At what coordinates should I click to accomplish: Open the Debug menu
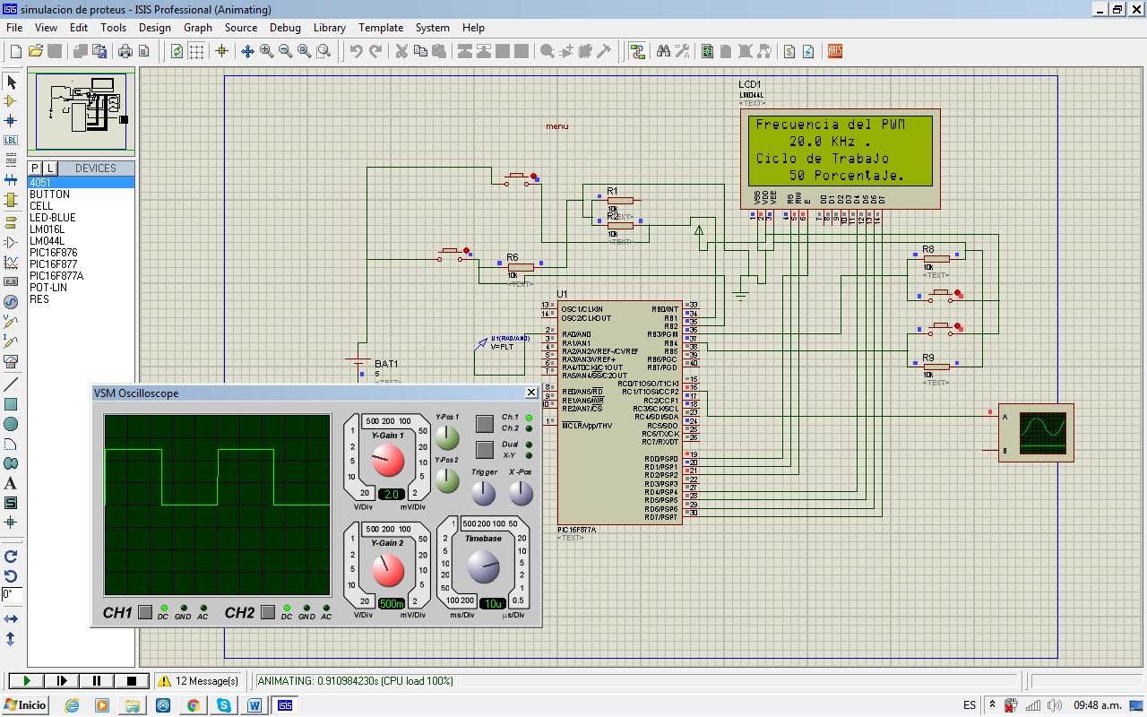point(285,28)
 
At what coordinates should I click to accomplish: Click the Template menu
point(381,28)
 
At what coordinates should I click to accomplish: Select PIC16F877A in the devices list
point(56,276)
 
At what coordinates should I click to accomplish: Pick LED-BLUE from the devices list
point(52,218)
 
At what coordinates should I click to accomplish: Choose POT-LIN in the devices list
point(48,288)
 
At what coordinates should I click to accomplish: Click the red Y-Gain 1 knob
point(387,460)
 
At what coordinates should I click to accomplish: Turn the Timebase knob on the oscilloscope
point(483,566)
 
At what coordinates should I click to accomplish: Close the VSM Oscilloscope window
point(530,393)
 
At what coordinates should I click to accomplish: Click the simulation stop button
point(132,681)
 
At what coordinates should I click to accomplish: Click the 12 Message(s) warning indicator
point(199,681)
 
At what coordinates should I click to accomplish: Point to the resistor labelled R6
point(520,266)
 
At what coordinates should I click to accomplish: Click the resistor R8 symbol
point(936,258)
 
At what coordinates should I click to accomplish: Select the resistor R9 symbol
point(936,366)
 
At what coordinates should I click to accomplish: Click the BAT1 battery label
point(386,364)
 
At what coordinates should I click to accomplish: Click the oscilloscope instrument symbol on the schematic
point(1036,433)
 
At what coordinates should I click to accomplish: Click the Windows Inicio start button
point(26,705)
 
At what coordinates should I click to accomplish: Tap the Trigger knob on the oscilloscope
point(483,492)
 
